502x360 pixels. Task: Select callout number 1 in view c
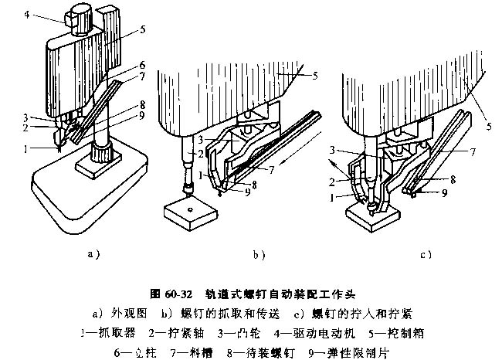point(335,198)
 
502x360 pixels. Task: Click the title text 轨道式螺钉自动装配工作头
point(280,294)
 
